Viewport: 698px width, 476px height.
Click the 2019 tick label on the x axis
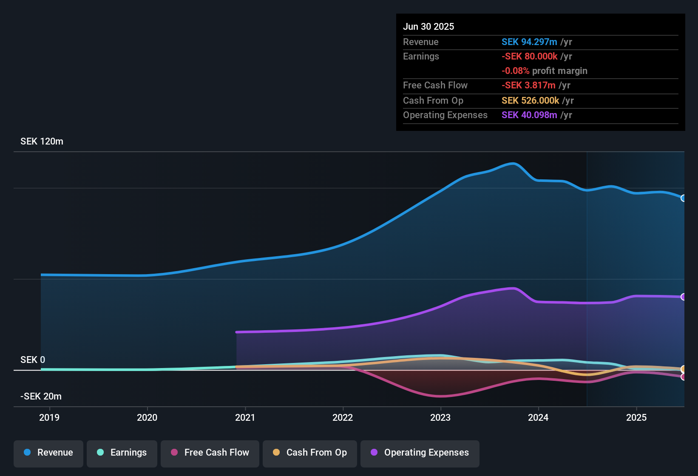pyautogui.click(x=49, y=417)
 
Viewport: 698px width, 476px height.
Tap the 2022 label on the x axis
pyautogui.click(x=343, y=417)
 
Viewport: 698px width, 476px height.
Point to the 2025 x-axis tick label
pyautogui.click(x=636, y=417)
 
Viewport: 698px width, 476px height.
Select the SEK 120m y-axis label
pyautogui.click(x=42, y=142)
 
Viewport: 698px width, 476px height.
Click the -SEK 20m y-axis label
pyautogui.click(x=41, y=397)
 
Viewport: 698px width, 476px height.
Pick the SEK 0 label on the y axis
pyautogui.click(x=33, y=360)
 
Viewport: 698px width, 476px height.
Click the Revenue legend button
pyautogui.click(x=48, y=453)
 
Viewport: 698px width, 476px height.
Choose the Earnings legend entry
pyautogui.click(x=122, y=453)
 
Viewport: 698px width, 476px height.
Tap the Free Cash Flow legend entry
pyautogui.click(x=210, y=453)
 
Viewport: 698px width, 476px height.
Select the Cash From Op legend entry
pyautogui.click(x=310, y=453)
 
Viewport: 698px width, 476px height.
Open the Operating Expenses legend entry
pyautogui.click(x=420, y=453)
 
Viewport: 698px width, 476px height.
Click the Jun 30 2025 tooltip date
pyautogui.click(x=428, y=27)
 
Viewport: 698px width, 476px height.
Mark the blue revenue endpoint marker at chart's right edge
pyautogui.click(x=683, y=198)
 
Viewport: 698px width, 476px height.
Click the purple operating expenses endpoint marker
pyautogui.click(x=683, y=297)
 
